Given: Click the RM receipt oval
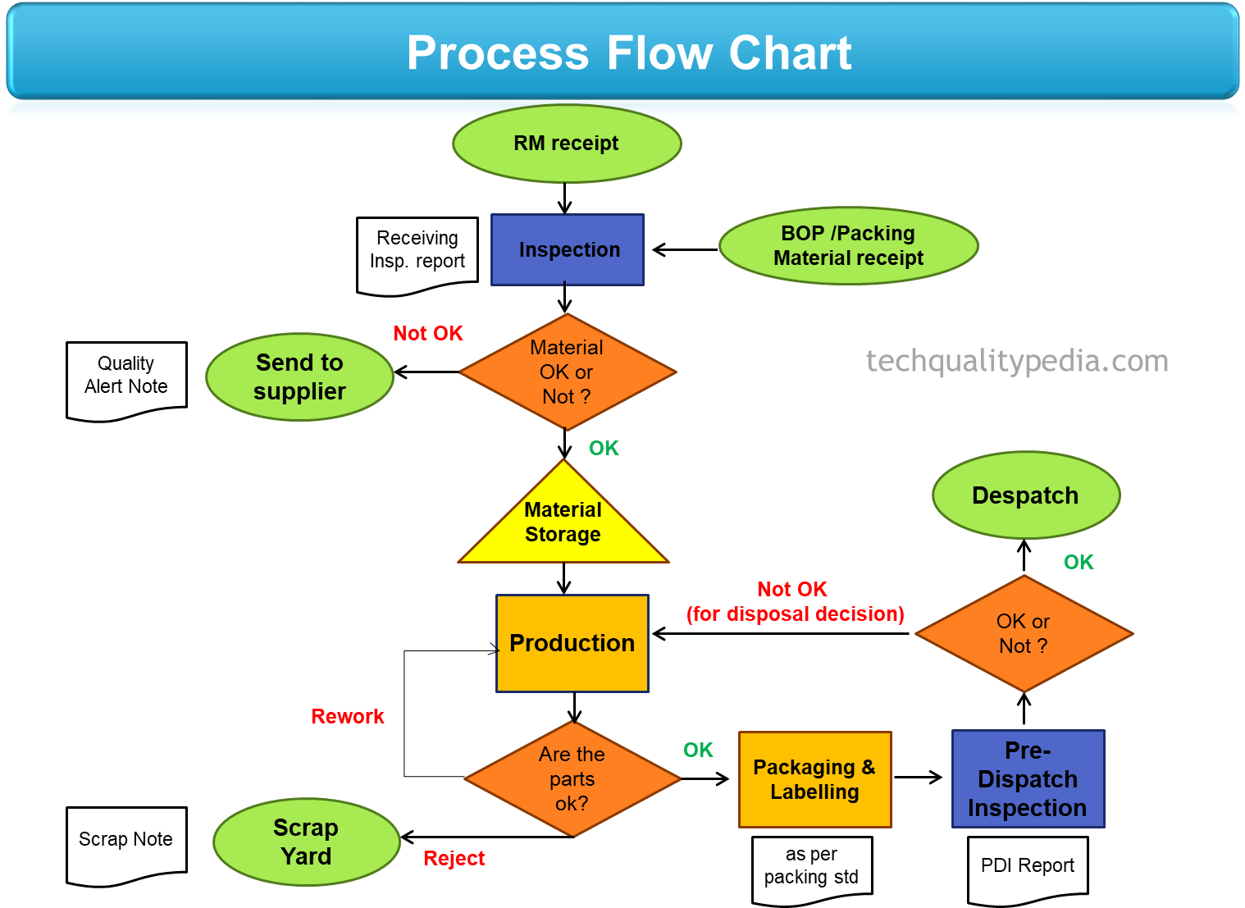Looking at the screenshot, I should pos(567,144).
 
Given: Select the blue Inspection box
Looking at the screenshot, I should pos(568,249).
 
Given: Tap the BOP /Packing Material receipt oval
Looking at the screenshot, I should pos(848,246).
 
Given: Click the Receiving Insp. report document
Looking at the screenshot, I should pos(417,253).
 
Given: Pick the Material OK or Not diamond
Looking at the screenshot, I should pos(567,372).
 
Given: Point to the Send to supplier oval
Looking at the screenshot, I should pos(299,377).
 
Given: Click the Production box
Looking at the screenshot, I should pos(572,643).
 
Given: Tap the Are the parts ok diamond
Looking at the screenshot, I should pos(572,778).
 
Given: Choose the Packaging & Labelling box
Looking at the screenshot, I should pos(814,779).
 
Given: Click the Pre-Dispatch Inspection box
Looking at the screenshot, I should pos(1028,779).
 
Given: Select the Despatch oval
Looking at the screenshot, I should pos(1026,495).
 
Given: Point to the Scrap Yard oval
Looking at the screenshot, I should pos(306,842).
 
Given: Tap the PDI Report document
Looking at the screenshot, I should pos(1028,868).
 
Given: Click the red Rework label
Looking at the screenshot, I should pos(348,716).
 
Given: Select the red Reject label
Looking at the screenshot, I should pos(454,858).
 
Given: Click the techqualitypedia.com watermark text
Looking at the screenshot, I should pos(1017,361).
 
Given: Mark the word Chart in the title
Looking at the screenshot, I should pos(791,53).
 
